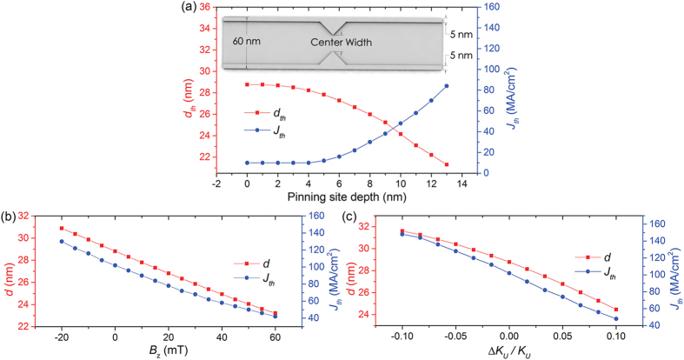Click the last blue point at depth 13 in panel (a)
click(x=447, y=85)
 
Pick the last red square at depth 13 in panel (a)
click(x=447, y=164)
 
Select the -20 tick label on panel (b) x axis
click(x=61, y=338)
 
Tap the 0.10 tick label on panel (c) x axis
click(x=616, y=338)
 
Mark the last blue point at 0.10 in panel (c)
click(x=616, y=318)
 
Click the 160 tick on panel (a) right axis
click(x=476, y=7)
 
